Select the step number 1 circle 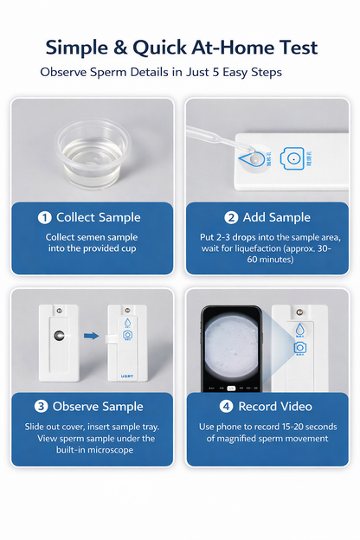click(x=44, y=217)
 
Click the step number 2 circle click(x=231, y=217)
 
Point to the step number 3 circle click(x=41, y=406)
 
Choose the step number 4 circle click(x=227, y=406)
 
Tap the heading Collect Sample click(x=98, y=217)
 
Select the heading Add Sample click(x=277, y=217)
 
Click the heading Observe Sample click(x=98, y=406)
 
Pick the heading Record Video click(x=274, y=406)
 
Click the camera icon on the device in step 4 click(x=299, y=347)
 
